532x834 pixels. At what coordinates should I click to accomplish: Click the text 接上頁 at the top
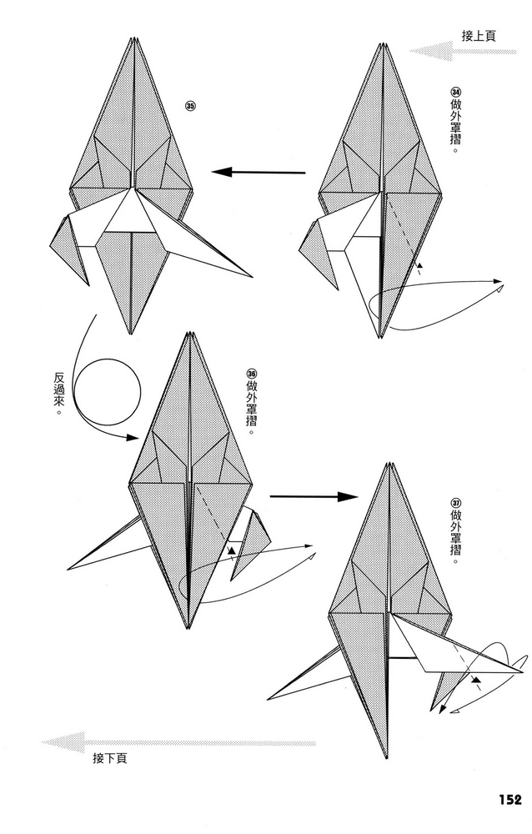coord(479,36)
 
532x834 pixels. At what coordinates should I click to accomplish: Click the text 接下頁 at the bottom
coord(109,758)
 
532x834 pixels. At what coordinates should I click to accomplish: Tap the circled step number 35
coord(190,105)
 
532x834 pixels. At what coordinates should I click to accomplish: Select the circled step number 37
coord(455,503)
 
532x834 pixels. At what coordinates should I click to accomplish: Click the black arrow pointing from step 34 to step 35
coord(258,173)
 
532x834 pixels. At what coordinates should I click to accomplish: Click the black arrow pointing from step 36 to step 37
coord(314,497)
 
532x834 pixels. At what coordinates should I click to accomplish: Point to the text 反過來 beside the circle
coord(59,394)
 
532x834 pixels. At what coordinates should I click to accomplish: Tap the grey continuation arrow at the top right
coord(463,52)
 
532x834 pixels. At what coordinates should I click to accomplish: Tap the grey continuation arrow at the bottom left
coord(178,742)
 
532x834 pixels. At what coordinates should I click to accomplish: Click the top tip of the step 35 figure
coord(132,38)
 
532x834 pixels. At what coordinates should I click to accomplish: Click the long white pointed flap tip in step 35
coord(252,277)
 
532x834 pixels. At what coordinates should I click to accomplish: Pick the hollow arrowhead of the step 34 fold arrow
coord(499,289)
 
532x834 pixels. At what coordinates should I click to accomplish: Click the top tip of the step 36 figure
coord(189,334)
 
